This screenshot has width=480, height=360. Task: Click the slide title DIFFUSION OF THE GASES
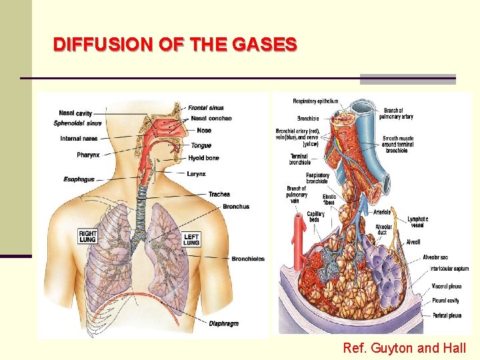[175, 45]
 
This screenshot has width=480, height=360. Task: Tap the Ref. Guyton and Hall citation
[404, 347]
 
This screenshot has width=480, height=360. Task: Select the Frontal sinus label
[206, 108]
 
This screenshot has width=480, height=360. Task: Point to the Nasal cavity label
[75, 113]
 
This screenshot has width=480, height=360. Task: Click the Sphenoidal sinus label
[77, 123]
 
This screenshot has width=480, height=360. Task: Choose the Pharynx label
[88, 155]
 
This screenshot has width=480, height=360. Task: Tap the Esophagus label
[79, 179]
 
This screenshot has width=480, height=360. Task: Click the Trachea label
[219, 195]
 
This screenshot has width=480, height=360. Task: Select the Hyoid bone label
[203, 158]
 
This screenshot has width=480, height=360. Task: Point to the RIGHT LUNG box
[88, 237]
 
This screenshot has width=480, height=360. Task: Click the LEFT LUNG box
[191, 239]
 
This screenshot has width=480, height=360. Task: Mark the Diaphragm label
[223, 324]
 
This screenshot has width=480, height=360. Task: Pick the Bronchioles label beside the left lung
[247, 259]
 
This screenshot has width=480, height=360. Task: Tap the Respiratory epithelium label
[315, 101]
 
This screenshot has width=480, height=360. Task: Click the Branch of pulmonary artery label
[398, 113]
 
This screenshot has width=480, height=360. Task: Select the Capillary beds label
[316, 217]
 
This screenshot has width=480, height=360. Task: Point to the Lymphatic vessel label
[418, 222]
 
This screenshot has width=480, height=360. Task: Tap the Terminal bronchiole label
[299, 159]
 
